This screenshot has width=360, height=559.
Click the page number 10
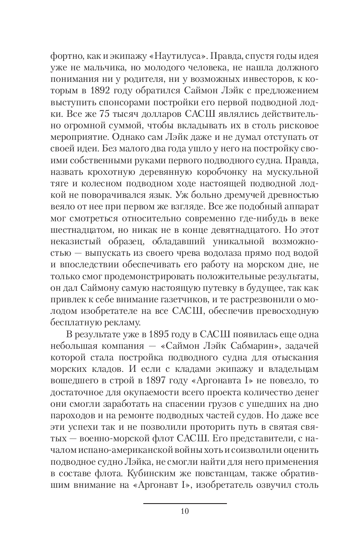[x=185, y=511]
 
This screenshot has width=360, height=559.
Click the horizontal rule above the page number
[x=185, y=503]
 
